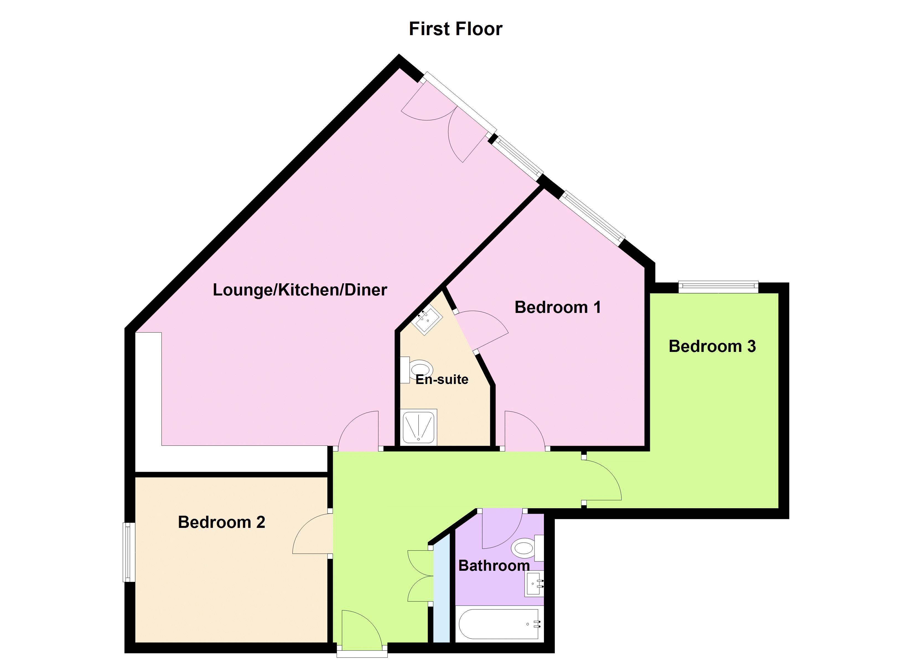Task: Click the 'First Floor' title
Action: pos(455,29)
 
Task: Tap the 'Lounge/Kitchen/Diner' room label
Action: pos(300,290)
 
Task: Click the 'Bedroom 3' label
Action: pos(712,346)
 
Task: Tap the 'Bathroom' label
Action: pos(494,566)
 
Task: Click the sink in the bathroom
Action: pos(534,584)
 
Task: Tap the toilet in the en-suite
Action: pos(416,370)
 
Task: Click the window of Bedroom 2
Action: pos(129,552)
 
